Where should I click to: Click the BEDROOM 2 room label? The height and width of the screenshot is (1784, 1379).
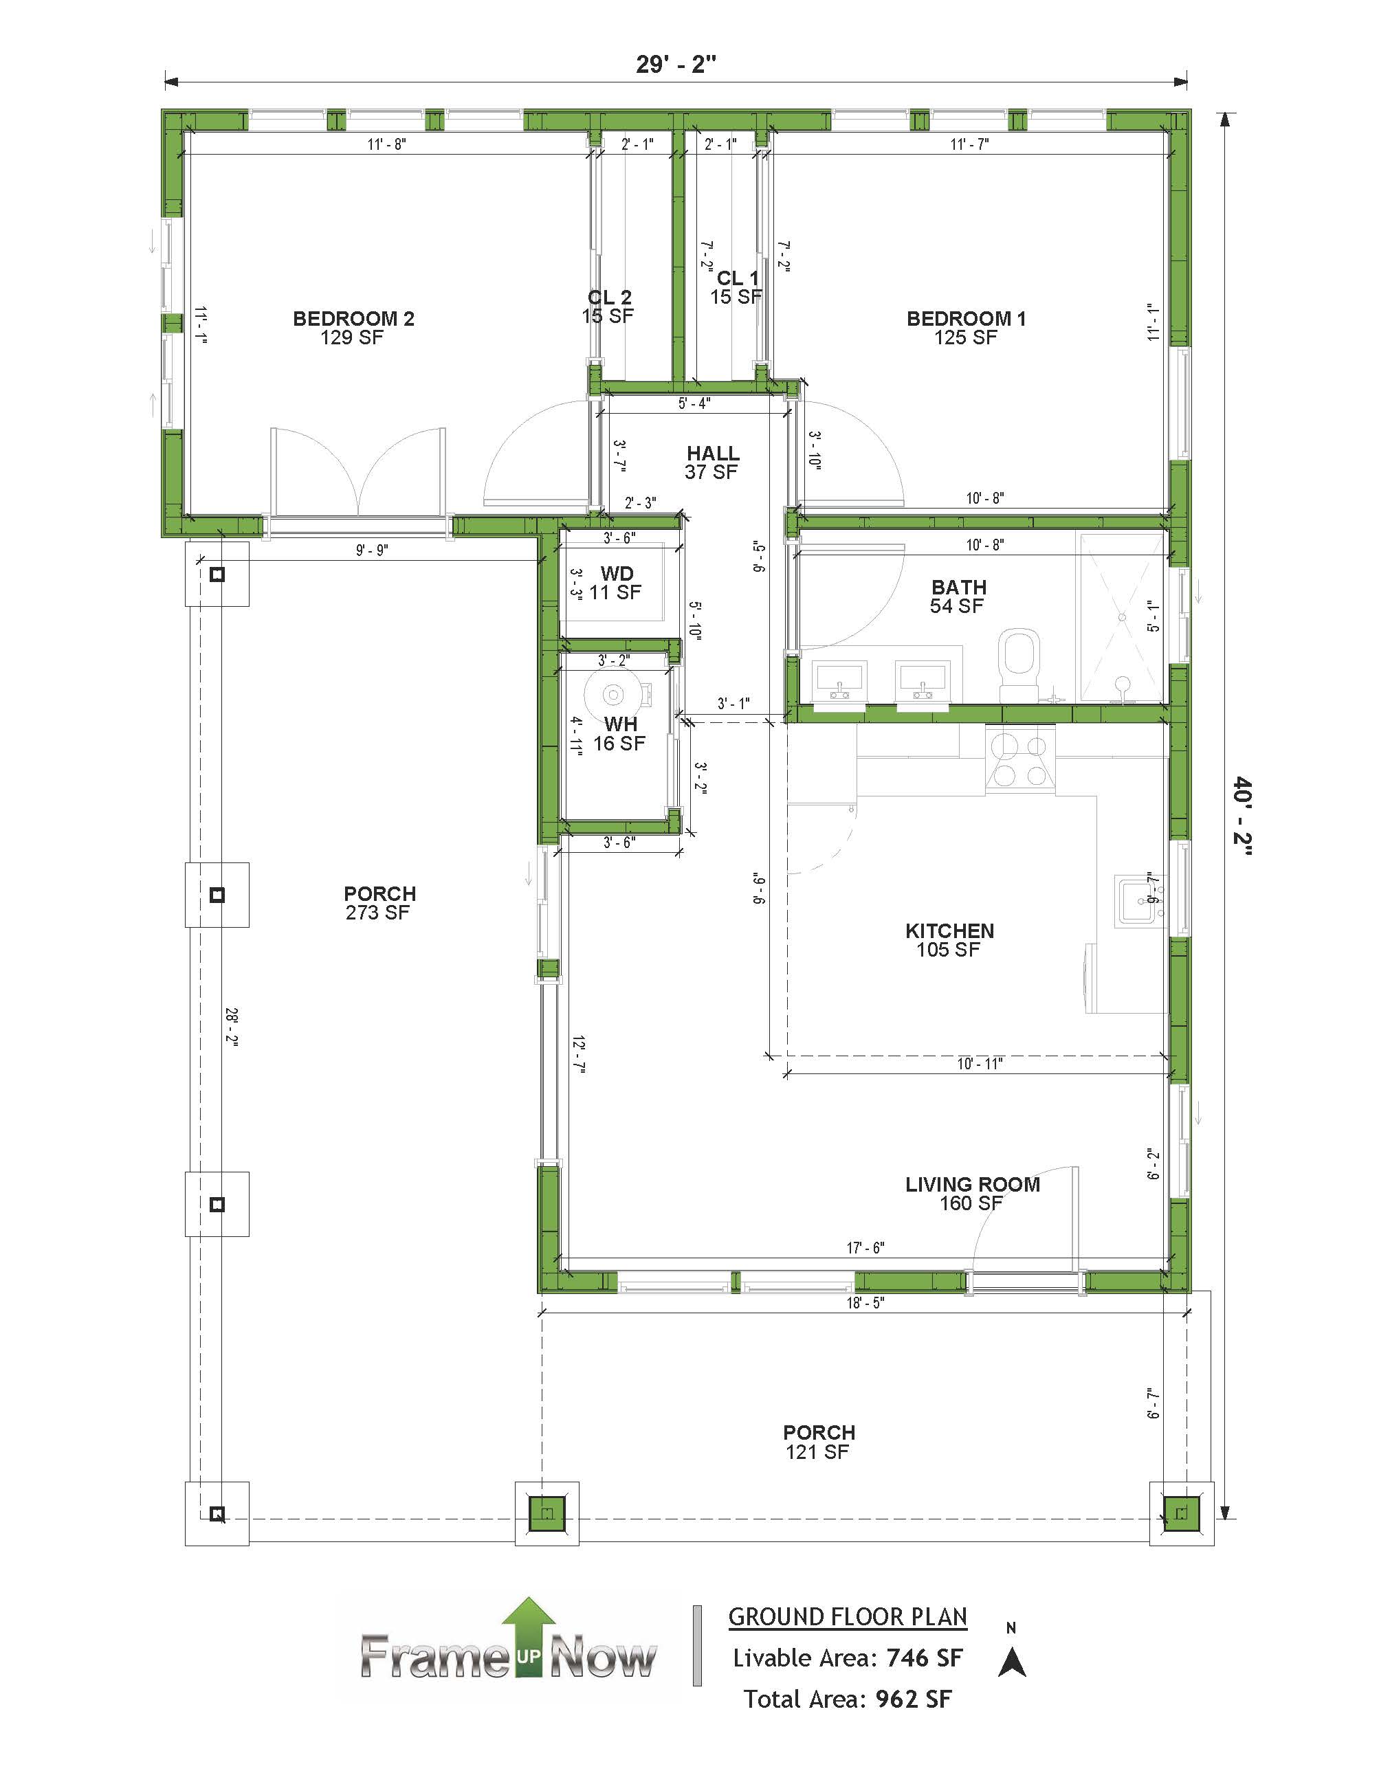point(354,319)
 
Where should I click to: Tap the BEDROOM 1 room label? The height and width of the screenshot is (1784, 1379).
point(966,319)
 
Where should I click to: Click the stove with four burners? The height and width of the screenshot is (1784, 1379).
point(1020,759)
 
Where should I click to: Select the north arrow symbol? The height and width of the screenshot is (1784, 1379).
point(1011,1662)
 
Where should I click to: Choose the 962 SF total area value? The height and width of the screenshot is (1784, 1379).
point(914,1699)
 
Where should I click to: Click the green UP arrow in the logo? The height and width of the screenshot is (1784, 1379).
point(529,1638)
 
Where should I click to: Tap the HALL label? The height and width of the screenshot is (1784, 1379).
point(712,454)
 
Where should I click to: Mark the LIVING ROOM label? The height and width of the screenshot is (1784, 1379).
point(972,1185)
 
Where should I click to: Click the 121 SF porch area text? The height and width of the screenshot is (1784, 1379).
point(817,1451)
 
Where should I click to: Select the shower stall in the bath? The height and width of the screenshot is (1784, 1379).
point(1121,618)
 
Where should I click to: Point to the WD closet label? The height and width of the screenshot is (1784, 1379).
point(617,573)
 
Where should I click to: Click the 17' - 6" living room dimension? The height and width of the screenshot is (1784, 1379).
point(865,1247)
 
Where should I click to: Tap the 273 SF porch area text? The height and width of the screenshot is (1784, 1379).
point(377,913)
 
